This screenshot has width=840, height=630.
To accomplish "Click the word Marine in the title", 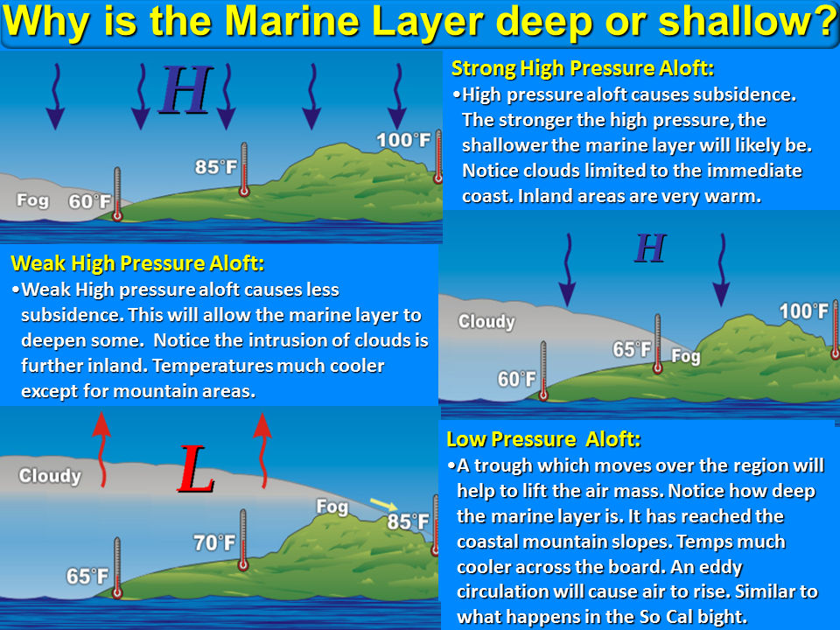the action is (x=292, y=21).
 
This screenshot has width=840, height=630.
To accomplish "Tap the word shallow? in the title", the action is (x=747, y=21).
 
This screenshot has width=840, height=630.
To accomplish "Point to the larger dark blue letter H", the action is (x=185, y=89).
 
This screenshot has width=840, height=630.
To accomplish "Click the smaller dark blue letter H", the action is (x=650, y=248).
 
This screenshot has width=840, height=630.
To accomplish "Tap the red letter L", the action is (x=196, y=469).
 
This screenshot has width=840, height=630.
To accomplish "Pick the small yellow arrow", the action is (x=383, y=504).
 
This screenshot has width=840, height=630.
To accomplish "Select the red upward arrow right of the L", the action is (x=262, y=450).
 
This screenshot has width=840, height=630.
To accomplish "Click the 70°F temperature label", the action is (x=214, y=542).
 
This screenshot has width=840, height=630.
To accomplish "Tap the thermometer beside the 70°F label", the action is (x=243, y=540).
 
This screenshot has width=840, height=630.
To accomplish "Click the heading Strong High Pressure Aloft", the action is (x=583, y=68).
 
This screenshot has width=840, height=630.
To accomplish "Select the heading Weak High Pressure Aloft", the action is (x=137, y=263).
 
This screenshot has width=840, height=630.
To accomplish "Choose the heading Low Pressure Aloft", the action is (x=543, y=439).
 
